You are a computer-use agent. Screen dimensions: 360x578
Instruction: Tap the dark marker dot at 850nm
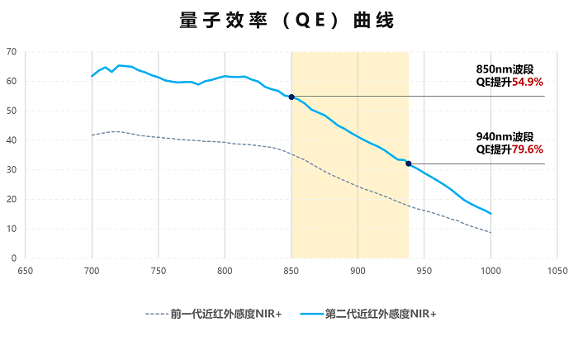coord(291,97)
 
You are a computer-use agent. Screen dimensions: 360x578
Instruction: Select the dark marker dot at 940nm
coord(409,163)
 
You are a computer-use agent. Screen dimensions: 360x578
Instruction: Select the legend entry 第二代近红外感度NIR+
coord(381,314)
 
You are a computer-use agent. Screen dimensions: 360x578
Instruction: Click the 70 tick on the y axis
coord(11,52)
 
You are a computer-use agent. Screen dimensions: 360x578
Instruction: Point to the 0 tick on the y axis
coord(13,258)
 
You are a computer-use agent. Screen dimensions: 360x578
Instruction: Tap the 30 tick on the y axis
coord(11,170)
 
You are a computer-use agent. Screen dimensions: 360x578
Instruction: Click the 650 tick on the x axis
coord(25,270)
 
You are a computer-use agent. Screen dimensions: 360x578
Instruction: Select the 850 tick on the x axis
coord(291,270)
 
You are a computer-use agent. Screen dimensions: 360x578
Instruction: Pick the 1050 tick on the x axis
coord(557,270)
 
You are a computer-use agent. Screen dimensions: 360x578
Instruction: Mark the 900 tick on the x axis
coord(358,270)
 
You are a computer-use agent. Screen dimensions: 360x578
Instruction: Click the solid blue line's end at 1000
coord(490,214)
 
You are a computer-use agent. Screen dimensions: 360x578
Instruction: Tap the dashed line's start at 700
coord(92,135)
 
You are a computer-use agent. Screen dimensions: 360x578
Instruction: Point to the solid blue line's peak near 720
coord(119,64)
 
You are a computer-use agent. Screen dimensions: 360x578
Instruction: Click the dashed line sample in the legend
coord(157,314)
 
